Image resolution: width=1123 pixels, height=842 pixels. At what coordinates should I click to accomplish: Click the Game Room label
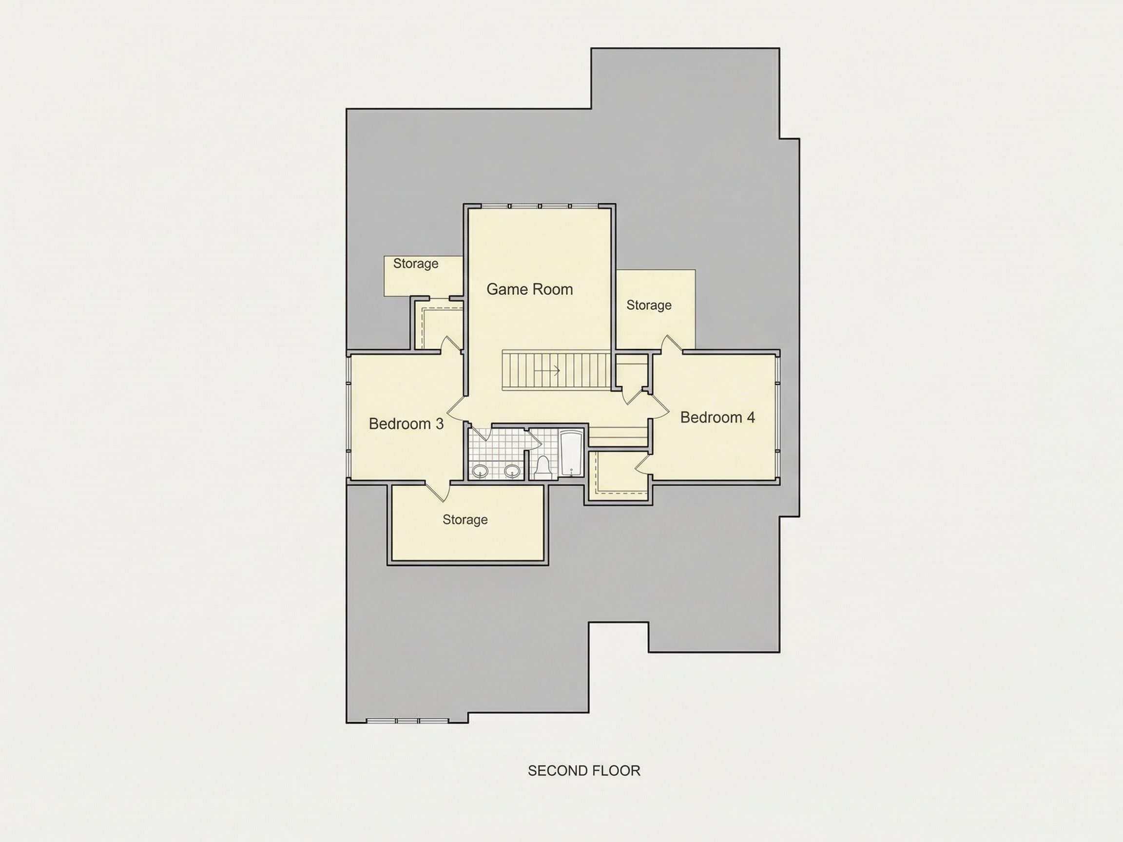click(529, 289)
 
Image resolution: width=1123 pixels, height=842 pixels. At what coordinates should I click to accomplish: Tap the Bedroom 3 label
click(406, 424)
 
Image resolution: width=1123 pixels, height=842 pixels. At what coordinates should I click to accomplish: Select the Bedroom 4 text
click(717, 417)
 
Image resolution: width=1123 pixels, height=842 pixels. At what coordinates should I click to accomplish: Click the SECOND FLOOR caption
click(584, 770)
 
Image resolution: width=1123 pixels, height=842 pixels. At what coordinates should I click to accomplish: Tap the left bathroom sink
click(480, 472)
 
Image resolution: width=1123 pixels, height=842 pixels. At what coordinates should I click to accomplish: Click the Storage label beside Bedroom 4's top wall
click(649, 305)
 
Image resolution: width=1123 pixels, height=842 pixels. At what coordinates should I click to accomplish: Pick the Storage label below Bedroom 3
click(465, 519)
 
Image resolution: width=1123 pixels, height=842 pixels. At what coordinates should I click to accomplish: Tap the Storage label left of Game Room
click(416, 264)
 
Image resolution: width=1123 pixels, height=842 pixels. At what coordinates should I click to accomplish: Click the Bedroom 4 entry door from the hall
click(659, 406)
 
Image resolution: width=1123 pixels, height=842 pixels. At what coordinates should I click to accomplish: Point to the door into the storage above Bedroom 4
click(671, 344)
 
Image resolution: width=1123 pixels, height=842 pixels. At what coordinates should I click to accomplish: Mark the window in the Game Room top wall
click(540, 207)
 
